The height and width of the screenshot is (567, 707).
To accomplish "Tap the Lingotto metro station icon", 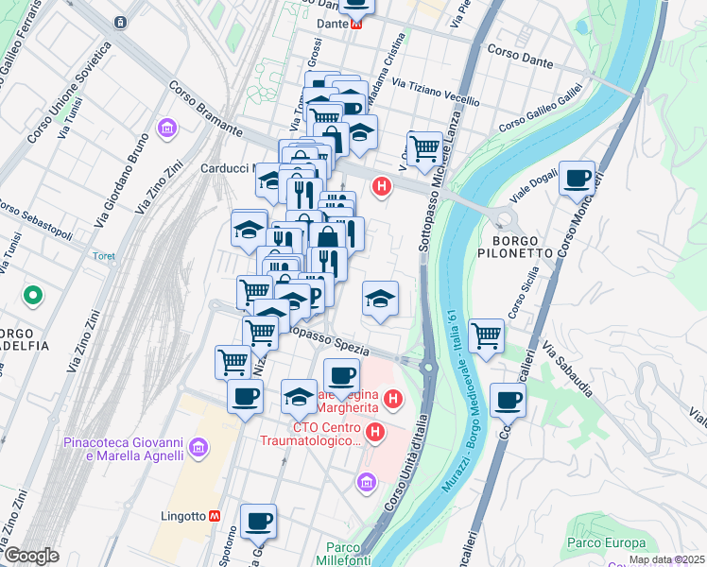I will (216, 516).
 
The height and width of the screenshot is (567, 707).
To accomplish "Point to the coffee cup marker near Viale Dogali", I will (577, 179).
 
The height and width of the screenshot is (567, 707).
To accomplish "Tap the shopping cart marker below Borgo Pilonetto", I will (486, 335).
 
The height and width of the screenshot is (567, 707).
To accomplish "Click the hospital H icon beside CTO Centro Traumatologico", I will (375, 433).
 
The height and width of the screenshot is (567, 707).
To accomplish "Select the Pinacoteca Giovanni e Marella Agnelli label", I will (122, 449).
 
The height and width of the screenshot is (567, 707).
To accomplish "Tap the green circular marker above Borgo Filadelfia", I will (33, 297).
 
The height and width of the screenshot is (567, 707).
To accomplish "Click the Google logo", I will (30, 556).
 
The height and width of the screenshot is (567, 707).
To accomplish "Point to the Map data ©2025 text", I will (665, 559).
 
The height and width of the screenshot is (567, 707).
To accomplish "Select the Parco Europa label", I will (606, 542).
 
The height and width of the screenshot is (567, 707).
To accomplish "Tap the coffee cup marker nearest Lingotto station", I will (258, 521).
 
